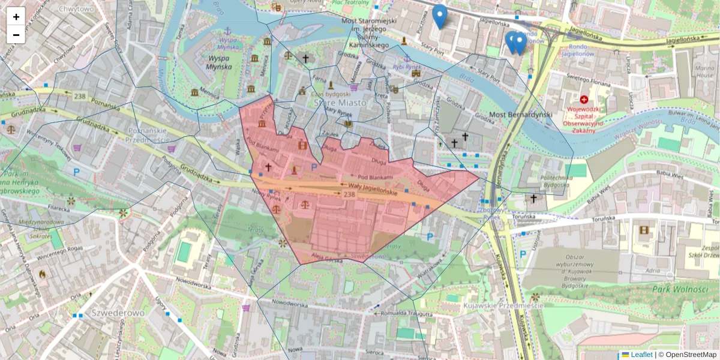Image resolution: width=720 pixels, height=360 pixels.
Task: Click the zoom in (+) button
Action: click(x=16, y=17)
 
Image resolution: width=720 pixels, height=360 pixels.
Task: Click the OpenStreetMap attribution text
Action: click(x=687, y=355)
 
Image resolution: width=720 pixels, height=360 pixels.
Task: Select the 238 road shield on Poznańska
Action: click(x=80, y=96)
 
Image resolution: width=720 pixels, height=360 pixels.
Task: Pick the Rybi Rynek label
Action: click(x=406, y=67)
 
